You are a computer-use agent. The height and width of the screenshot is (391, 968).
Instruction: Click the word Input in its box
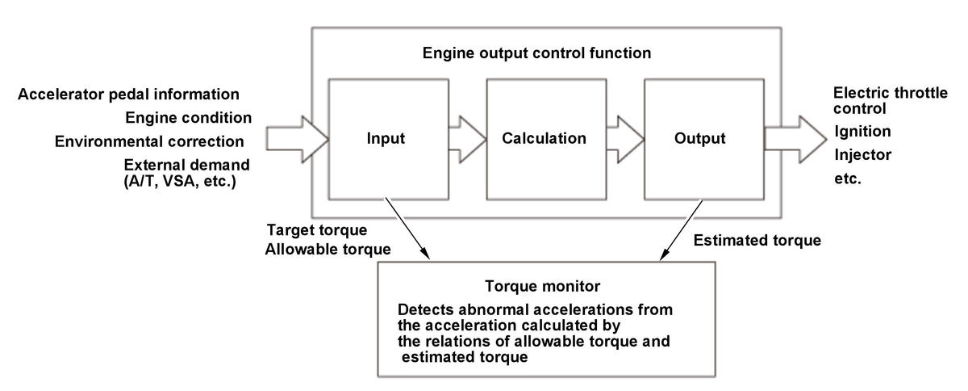click(x=386, y=138)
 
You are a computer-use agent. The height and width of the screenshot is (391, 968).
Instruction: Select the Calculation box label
click(x=544, y=138)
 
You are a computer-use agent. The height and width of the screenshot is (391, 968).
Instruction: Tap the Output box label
click(x=699, y=138)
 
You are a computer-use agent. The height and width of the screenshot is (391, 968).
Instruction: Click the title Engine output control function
click(x=536, y=53)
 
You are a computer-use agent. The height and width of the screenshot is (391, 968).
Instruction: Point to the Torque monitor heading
click(x=542, y=286)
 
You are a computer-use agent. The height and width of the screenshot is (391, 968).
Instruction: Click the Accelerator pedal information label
click(x=128, y=94)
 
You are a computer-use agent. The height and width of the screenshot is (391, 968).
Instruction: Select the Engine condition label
click(x=189, y=117)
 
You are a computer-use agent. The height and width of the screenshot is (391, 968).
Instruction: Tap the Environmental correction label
click(x=149, y=141)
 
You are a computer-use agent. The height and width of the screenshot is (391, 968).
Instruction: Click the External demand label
click(x=186, y=165)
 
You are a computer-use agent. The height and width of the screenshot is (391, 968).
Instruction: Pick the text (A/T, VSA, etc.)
click(x=180, y=181)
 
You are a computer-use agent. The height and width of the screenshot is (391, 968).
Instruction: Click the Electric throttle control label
click(x=891, y=100)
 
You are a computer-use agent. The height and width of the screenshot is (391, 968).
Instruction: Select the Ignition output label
click(x=862, y=131)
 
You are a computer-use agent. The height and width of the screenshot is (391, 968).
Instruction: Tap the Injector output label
click(x=862, y=154)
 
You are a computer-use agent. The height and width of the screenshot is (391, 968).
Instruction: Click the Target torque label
click(x=317, y=230)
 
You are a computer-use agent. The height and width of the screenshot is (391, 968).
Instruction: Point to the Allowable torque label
click(x=328, y=249)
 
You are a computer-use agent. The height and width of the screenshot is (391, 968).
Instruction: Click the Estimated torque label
click(x=757, y=240)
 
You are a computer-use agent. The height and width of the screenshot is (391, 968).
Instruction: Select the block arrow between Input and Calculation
click(x=468, y=139)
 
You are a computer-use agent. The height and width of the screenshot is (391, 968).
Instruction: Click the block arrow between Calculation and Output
click(x=625, y=139)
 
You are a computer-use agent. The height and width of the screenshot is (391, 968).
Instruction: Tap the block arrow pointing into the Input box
click(x=298, y=139)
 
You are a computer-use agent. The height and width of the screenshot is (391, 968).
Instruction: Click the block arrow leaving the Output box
click(x=795, y=139)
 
